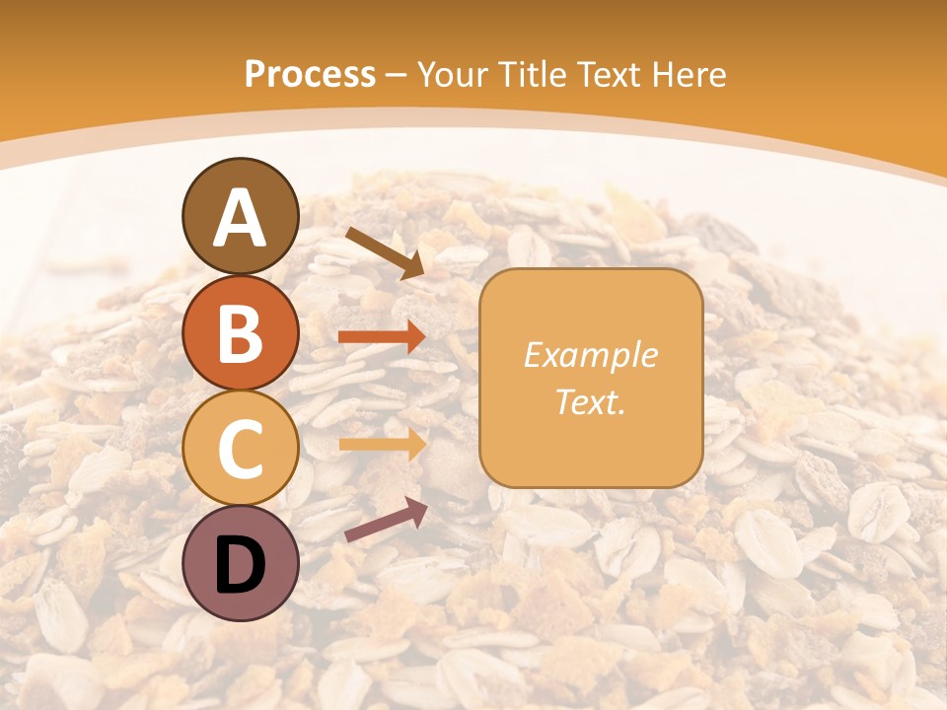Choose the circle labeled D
click(241, 563)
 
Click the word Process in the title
click(310, 74)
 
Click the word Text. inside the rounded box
click(590, 401)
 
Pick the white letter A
click(241, 219)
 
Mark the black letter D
click(241, 565)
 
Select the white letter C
click(241, 449)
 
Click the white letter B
click(241, 333)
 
